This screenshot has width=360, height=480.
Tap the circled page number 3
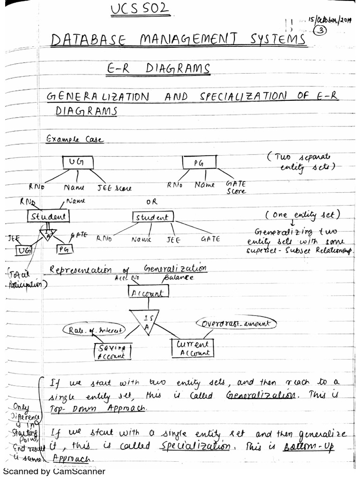[x=322, y=30]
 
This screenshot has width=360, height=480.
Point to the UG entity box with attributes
[x=78, y=162]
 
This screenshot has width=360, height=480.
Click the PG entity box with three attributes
[x=198, y=163]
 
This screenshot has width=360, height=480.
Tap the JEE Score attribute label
[x=114, y=188]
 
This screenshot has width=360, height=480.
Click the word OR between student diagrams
[x=151, y=202]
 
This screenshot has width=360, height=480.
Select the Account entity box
[x=148, y=293]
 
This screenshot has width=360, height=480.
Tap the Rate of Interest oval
[x=94, y=330]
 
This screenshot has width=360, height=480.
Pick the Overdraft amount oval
[x=237, y=324]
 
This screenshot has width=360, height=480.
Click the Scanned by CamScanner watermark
[x=54, y=472]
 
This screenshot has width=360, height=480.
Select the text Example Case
[x=75, y=139]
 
